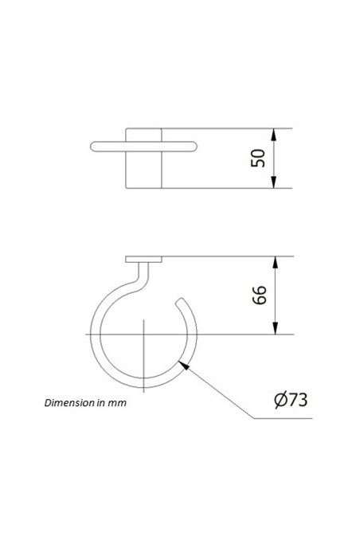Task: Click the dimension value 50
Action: (258, 158)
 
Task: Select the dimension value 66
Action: (258, 295)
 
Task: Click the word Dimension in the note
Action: (68, 403)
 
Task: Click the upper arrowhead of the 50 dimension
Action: (274, 133)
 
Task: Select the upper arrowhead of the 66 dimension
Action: (274, 261)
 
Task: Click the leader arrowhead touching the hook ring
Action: (184, 366)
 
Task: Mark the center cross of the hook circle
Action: (143, 335)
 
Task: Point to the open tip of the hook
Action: (182, 302)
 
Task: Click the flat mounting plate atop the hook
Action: (144, 260)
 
